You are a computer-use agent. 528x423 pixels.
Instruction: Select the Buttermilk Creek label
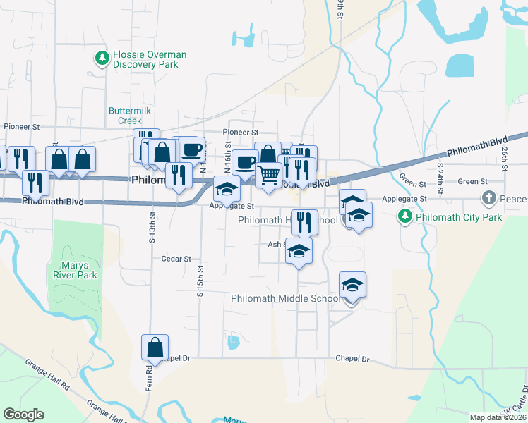point(130,116)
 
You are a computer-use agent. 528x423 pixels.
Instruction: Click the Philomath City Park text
point(458,217)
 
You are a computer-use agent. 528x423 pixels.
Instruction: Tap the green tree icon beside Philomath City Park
point(404,217)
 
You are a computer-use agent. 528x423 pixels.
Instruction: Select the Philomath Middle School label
point(286,298)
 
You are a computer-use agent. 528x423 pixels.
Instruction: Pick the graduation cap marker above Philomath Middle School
point(352,285)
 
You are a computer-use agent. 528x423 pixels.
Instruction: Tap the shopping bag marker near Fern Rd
point(155,348)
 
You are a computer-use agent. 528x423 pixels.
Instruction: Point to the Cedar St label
point(176,259)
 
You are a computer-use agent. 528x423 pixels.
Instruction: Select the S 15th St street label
point(200,281)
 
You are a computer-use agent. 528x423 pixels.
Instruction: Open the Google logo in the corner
point(23,415)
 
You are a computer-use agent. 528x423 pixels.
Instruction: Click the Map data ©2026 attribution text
point(498,417)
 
